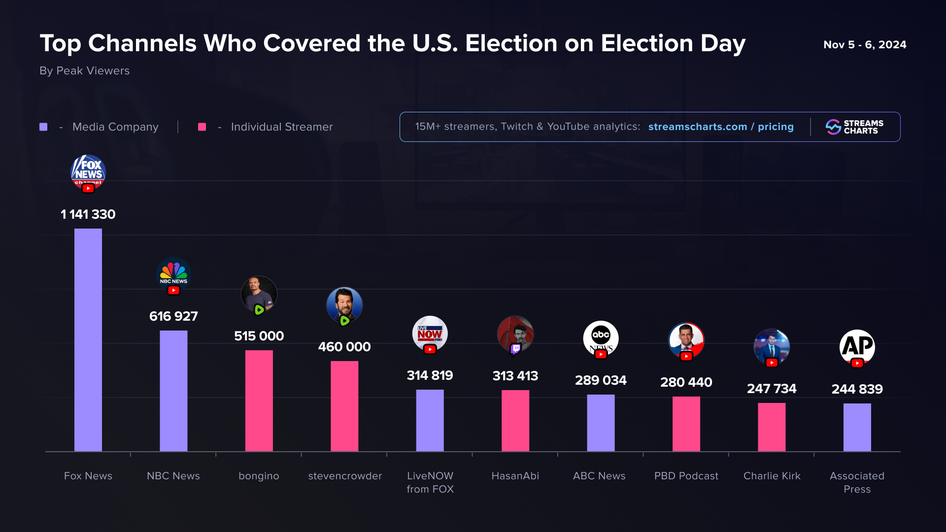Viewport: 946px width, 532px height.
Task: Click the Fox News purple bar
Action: tap(88, 340)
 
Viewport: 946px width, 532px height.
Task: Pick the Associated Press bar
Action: tap(857, 427)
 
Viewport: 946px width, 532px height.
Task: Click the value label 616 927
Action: tap(173, 316)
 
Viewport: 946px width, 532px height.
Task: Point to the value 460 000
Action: tap(344, 347)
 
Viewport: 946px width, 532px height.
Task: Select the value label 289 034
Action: tap(601, 380)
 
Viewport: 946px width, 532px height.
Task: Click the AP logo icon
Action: tap(857, 346)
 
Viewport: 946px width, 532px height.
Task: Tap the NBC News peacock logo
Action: tap(173, 273)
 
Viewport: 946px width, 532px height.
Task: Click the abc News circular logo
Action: tap(601, 337)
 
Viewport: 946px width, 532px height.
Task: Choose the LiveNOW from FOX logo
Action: tap(430, 333)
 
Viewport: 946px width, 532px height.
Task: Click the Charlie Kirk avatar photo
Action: tap(772, 346)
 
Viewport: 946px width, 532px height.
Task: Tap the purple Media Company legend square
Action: tap(43, 127)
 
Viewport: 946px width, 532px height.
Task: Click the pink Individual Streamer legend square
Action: tap(202, 127)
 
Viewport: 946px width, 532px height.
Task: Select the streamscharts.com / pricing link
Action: tap(721, 127)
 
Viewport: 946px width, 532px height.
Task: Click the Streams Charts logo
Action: tap(855, 127)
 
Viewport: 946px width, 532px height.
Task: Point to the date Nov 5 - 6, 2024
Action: tap(865, 45)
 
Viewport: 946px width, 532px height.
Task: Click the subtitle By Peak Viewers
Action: tap(85, 71)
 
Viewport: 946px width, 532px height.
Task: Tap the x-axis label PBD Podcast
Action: tap(686, 476)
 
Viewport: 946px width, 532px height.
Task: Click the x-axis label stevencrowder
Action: tap(345, 476)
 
